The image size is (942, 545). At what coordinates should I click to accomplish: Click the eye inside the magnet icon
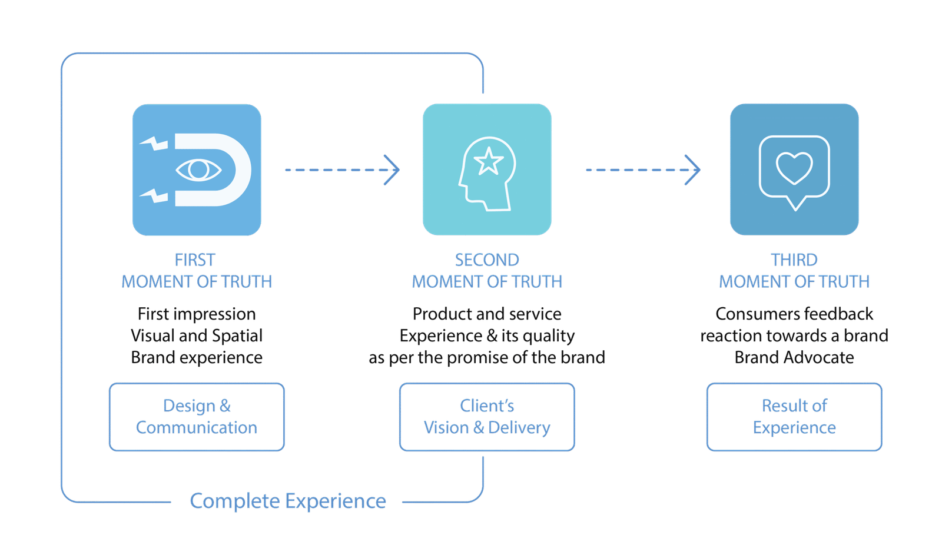click(x=198, y=170)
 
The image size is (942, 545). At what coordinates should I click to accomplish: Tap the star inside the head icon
click(x=488, y=161)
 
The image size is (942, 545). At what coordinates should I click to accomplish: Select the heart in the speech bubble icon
click(x=794, y=167)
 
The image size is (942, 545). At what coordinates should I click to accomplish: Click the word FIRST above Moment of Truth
click(x=195, y=260)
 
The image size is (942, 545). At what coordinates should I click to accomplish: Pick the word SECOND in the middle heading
click(x=487, y=260)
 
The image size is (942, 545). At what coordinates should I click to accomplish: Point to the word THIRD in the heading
click(x=794, y=260)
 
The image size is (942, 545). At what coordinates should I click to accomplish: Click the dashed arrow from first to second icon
click(x=341, y=170)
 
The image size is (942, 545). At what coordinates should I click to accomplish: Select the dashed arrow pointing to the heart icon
click(x=642, y=170)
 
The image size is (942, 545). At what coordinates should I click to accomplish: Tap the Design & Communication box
click(x=197, y=417)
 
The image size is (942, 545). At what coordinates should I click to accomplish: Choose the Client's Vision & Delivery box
click(x=487, y=417)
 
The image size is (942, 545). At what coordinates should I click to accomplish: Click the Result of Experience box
click(x=794, y=417)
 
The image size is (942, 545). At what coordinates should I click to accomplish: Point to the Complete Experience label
click(x=288, y=501)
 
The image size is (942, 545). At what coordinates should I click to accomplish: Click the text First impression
click(x=197, y=314)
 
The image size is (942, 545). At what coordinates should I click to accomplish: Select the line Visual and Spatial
click(x=197, y=335)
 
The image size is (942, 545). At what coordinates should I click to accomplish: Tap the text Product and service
click(x=487, y=314)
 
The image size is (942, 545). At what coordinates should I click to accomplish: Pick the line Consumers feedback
click(x=794, y=314)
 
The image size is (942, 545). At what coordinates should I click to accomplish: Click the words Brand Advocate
click(x=794, y=357)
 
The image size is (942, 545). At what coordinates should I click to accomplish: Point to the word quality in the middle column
click(x=549, y=336)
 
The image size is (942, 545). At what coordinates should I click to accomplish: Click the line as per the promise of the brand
click(x=487, y=357)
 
